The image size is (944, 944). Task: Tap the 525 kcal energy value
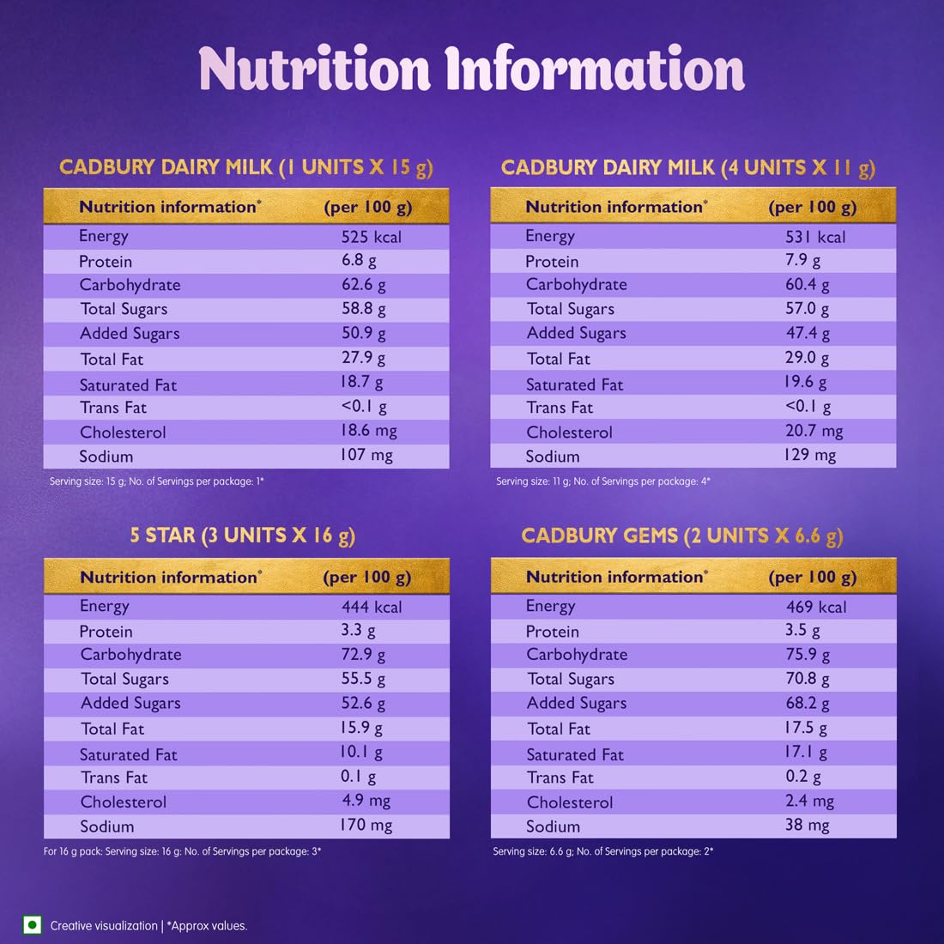tap(371, 237)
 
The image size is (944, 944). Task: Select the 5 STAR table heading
tap(242, 536)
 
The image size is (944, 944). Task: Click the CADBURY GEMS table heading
tap(682, 536)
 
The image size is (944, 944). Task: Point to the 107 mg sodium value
tap(366, 456)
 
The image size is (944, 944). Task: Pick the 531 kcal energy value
tap(815, 237)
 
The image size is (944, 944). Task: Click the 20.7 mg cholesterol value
tap(814, 432)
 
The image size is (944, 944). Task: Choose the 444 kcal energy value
tap(371, 607)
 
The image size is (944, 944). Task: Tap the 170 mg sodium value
tap(366, 826)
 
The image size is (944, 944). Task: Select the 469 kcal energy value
tap(816, 607)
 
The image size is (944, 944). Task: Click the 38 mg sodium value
tap(807, 826)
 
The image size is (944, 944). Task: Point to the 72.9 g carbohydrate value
tap(363, 655)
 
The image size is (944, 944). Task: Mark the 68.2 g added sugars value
tap(808, 704)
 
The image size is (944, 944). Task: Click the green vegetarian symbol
tap(33, 924)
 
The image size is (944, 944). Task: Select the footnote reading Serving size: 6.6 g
tap(602, 851)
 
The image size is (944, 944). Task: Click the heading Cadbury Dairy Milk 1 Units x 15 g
tap(246, 166)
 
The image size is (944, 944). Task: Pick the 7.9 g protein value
tap(803, 260)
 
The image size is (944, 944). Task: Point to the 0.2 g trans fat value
tap(803, 777)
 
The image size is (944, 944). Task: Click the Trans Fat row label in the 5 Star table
tap(114, 778)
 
